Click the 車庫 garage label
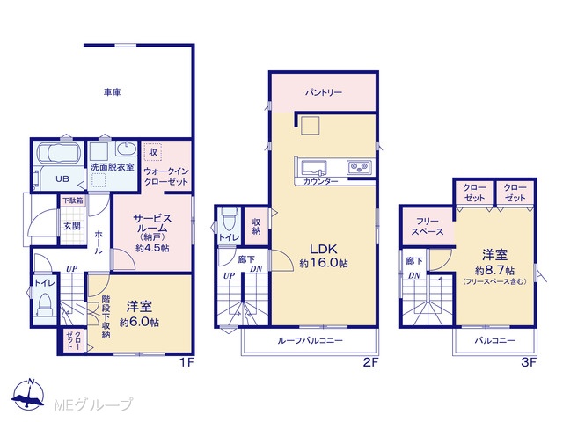point(113,92)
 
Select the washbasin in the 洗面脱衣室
point(127,149)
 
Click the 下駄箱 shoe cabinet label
point(73,200)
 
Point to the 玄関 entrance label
point(72,226)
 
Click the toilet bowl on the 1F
point(45,305)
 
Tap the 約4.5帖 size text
point(152,248)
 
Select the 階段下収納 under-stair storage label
point(106,316)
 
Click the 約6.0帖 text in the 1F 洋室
point(140,323)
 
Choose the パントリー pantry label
point(324,92)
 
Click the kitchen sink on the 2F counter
point(314,168)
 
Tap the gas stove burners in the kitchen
point(359,167)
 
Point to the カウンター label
point(320,182)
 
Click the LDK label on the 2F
point(324,249)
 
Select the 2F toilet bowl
point(229,220)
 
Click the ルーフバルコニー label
point(310,340)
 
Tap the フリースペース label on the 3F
point(428,227)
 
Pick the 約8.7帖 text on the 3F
point(494,270)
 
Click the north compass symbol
point(28,394)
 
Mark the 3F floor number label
point(528,362)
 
